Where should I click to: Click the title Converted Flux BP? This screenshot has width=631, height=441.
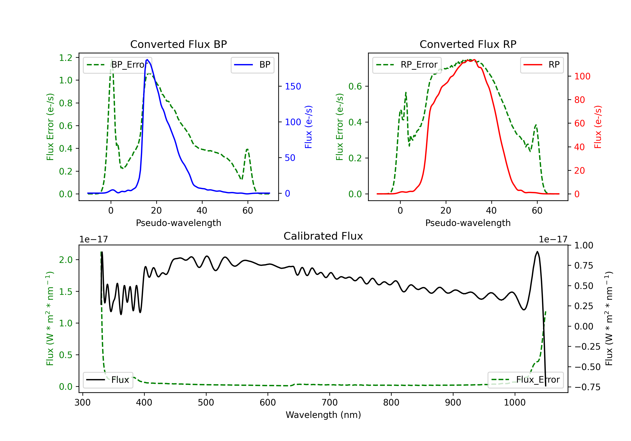click(178, 44)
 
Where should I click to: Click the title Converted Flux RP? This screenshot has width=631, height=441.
click(468, 44)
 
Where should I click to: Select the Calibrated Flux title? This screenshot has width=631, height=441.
click(323, 236)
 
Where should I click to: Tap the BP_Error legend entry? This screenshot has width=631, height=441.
click(117, 65)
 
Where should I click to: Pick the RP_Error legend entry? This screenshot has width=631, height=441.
click(407, 65)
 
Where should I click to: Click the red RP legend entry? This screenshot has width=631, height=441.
click(542, 65)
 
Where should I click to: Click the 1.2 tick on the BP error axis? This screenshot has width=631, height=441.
click(66, 58)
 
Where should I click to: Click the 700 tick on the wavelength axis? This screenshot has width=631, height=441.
click(330, 403)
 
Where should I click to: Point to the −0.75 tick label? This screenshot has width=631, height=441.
click(587, 387)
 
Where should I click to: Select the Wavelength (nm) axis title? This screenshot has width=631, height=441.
click(323, 415)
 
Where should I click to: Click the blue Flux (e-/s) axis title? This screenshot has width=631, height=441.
click(309, 127)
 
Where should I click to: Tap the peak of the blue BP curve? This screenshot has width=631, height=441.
click(147, 60)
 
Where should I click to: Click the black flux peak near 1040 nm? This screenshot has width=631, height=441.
click(537, 251)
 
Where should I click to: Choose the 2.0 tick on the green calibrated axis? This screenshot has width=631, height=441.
click(66, 260)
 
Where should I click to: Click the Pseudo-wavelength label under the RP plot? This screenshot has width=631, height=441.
click(468, 223)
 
